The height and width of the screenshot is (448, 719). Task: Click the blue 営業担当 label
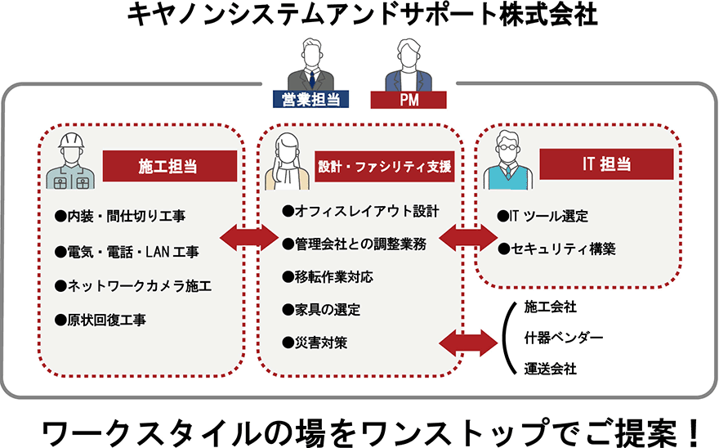tap(310, 100)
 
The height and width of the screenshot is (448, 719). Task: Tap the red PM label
tap(409, 100)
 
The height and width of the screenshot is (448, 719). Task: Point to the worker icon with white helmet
tap(71, 161)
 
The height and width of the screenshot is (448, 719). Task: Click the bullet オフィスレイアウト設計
tap(360, 211)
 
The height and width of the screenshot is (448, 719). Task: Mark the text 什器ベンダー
tap(563, 337)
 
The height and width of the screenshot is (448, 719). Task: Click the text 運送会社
tap(550, 369)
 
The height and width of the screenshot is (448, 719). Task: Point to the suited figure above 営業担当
tap(311, 65)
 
